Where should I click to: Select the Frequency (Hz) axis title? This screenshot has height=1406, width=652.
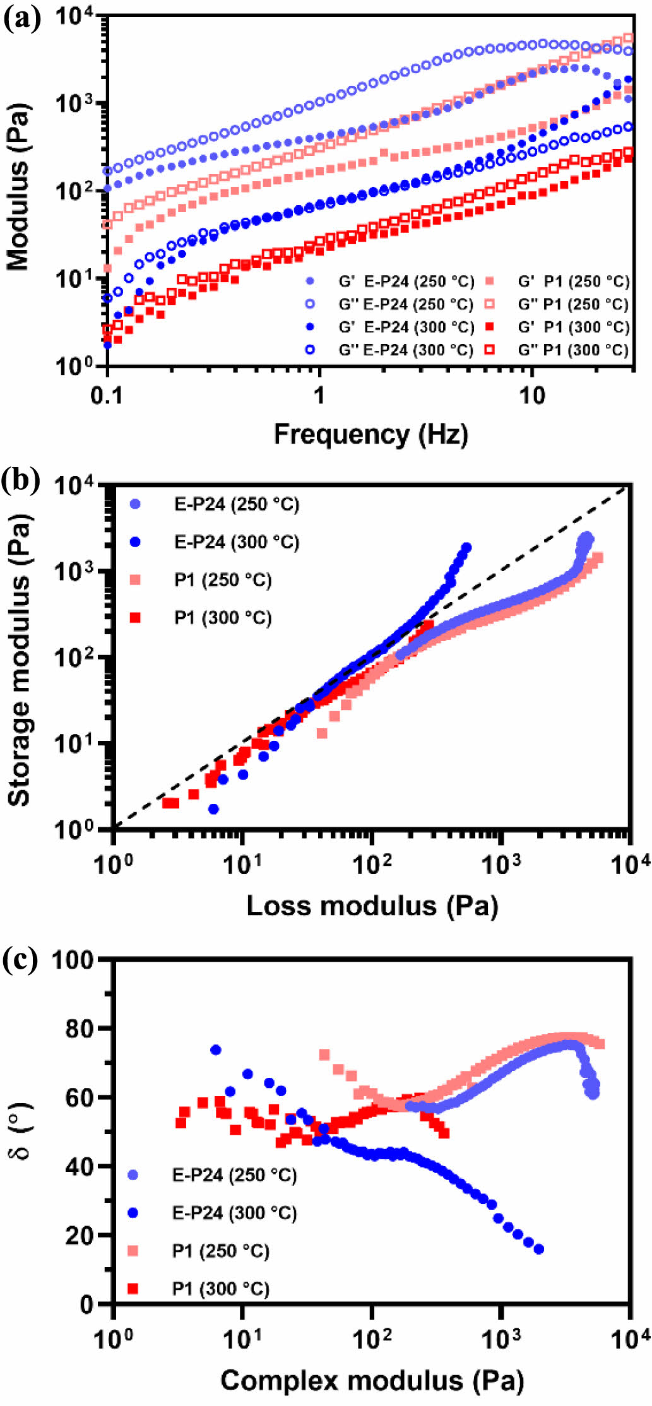(370, 434)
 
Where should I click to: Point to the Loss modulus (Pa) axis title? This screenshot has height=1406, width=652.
(372, 905)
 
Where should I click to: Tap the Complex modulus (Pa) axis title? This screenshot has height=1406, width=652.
(372, 1380)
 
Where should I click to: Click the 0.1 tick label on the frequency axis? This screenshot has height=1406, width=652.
(107, 395)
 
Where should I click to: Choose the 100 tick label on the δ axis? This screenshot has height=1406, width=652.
(81, 960)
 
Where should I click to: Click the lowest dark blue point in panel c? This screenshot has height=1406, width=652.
(538, 1249)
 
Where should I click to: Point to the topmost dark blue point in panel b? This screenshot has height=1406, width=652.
(466, 547)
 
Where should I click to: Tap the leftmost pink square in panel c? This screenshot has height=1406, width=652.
(324, 1054)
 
